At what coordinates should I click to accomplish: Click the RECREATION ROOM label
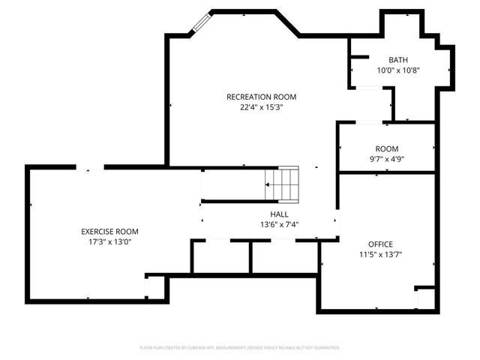pos(262,97)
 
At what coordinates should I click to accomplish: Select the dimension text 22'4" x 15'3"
pos(262,107)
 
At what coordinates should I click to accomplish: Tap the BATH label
pos(398,60)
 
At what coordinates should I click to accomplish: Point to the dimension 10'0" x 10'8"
pos(398,70)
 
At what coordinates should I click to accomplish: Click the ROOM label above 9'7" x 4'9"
pos(387,148)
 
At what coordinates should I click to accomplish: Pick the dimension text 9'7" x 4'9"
pos(387,159)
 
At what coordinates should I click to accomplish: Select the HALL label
pos(268,214)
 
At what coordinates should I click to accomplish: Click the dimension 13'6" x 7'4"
pos(268,224)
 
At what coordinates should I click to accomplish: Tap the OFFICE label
pos(379,244)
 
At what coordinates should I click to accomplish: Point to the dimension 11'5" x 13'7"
pos(379,254)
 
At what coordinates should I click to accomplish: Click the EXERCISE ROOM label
pos(110,231)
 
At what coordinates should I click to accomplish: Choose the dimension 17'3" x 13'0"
pos(110,241)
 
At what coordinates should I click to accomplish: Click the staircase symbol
pos(283,184)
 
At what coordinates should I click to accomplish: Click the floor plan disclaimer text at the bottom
pos(240,348)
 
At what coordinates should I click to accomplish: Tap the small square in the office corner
pos(424,297)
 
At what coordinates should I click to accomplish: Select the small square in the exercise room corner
pos(155,288)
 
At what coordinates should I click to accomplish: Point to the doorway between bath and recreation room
pos(369,88)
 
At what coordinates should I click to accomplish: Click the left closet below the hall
pos(220,257)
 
